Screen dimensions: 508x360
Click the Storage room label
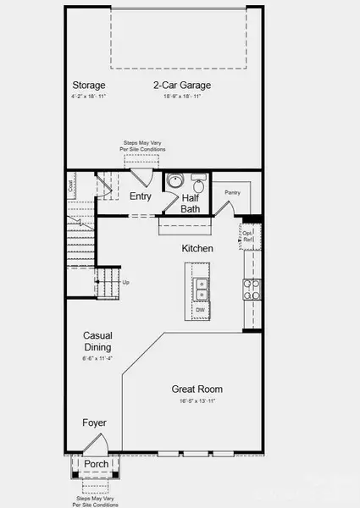coord(88,86)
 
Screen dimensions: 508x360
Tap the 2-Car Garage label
coord(182,86)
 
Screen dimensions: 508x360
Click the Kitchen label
coord(197,249)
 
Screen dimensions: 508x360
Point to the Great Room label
coord(197,389)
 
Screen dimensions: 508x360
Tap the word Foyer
coord(94,422)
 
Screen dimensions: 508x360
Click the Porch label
coord(95,464)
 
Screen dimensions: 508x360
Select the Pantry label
coord(233,193)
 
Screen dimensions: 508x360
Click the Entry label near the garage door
coord(141,196)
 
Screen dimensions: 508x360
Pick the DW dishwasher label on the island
coord(201,311)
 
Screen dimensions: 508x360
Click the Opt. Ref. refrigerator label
coord(248,238)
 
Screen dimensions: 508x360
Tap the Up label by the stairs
coord(126,282)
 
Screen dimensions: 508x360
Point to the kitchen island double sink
coord(201,286)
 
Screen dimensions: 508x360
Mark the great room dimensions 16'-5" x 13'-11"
coord(197,400)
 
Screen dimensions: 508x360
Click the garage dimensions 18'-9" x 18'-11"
coord(182,97)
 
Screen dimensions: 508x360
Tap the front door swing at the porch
coord(95,444)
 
